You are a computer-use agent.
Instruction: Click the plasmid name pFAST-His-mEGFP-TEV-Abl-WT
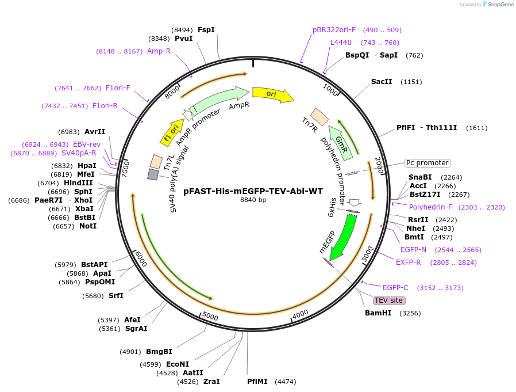coord(253,191)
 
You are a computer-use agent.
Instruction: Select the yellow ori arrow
coord(273,94)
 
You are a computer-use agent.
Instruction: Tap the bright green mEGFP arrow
coord(344,237)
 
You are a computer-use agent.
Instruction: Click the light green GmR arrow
coord(340,143)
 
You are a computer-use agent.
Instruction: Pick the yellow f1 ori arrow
coord(172,133)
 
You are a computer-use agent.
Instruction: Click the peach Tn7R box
coord(319,117)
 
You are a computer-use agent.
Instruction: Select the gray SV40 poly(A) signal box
coord(153,174)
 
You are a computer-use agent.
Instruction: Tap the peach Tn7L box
coord(156,162)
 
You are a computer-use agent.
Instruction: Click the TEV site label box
coord(388,300)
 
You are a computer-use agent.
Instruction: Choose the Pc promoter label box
coord(427,163)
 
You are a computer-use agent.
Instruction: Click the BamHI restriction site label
coord(378,313)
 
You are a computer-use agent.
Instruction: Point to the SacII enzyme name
coord(382,81)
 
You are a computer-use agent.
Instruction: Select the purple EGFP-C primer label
coord(395,288)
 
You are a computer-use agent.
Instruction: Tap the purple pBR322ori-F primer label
coord(334,30)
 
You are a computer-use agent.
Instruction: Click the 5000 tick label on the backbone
coord(210,316)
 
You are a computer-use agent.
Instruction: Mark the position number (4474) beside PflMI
coord(286,382)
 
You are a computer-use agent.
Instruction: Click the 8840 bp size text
coord(253,200)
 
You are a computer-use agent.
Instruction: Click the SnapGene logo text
coord(500,4)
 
